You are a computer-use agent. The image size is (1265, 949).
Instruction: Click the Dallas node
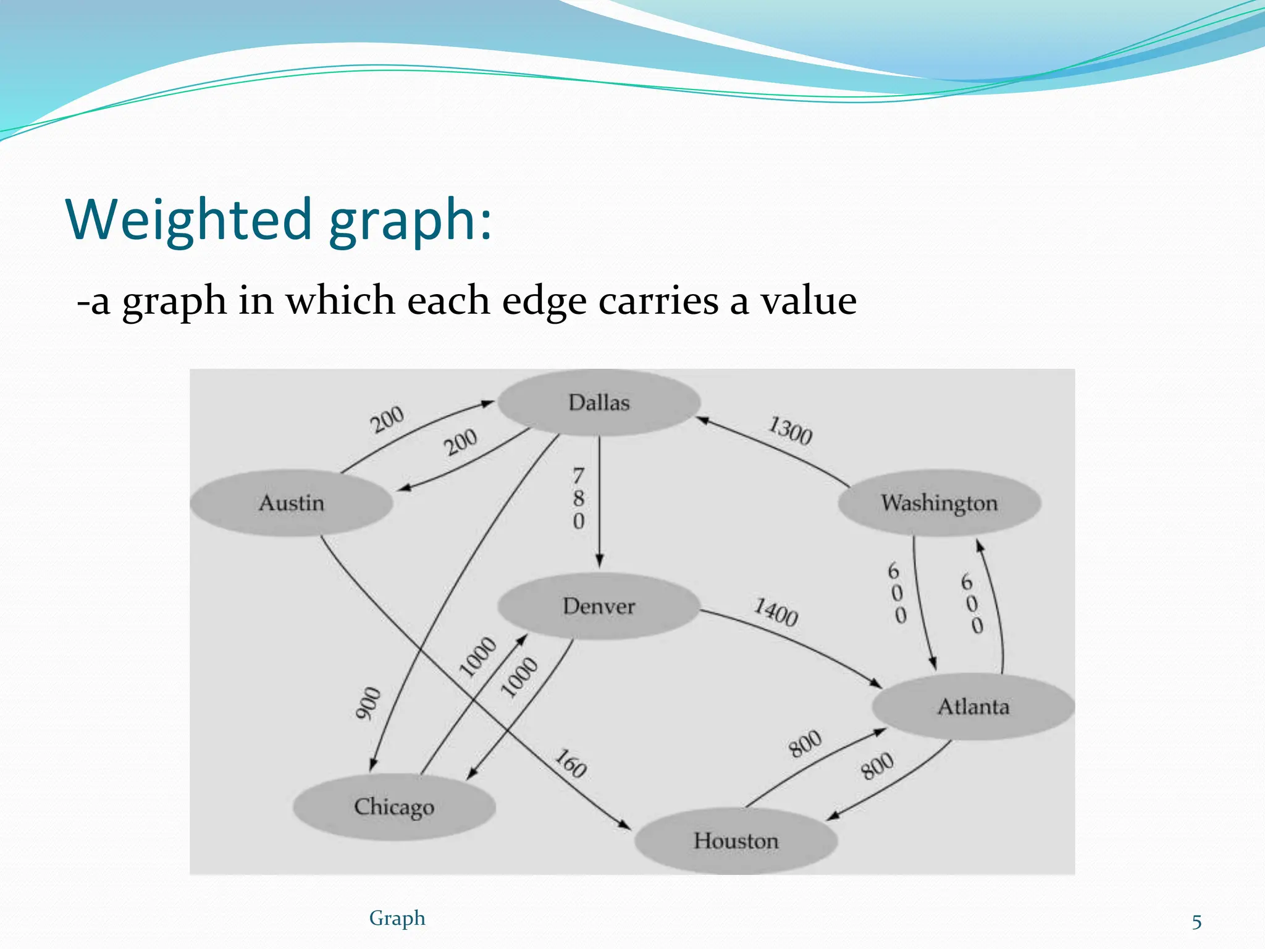coord(599,403)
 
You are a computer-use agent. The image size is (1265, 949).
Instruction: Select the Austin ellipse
coord(291,503)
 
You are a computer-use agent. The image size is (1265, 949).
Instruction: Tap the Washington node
coord(939,503)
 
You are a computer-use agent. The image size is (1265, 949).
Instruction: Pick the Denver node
coord(599,606)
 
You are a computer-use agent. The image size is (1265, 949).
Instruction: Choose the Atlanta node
coord(973,706)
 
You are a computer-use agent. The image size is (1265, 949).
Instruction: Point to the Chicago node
coord(394,807)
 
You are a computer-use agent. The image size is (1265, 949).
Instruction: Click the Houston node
coord(736,841)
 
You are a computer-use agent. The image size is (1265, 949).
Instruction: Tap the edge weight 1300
coord(790,431)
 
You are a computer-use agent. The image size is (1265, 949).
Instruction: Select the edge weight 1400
coord(776,612)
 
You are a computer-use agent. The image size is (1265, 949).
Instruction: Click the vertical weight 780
coord(578,499)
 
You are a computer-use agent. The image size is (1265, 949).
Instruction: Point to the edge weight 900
coord(368,703)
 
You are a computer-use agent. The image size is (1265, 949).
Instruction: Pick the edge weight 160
coord(570,764)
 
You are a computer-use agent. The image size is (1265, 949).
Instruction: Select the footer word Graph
coord(397,918)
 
